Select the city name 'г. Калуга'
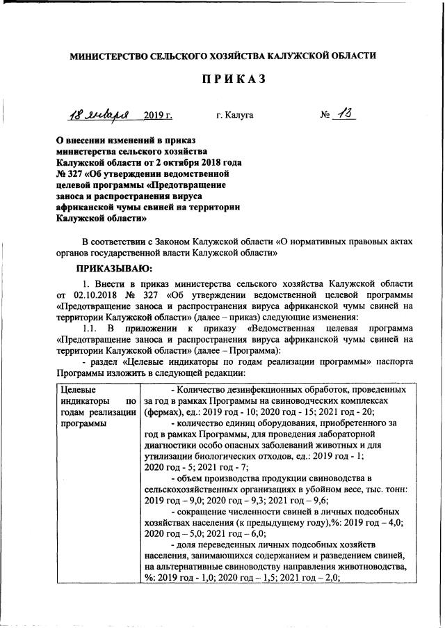point(234,115)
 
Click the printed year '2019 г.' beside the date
point(158,115)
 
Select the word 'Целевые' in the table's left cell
point(79,390)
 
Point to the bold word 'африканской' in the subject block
point(84,207)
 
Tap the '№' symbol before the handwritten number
point(325,115)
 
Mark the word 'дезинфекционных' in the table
point(271,390)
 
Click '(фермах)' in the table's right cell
point(163,412)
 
